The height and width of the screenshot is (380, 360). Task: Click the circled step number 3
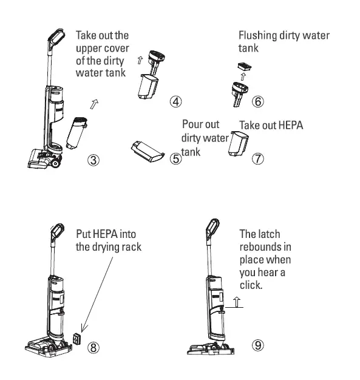point(93,160)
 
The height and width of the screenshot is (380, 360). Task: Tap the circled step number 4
point(175,101)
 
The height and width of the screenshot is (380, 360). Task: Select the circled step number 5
point(176,160)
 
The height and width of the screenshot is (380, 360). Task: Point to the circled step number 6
point(258,101)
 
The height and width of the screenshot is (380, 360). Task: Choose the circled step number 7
point(259,159)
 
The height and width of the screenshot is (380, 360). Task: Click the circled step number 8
point(93,347)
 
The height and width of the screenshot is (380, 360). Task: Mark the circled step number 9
point(259,345)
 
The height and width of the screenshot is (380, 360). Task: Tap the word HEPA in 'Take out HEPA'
point(290,125)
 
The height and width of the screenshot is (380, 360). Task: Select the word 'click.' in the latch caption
point(251,285)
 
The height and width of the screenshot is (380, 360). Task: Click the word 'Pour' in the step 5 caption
point(192,124)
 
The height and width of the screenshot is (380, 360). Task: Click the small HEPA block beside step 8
point(77,338)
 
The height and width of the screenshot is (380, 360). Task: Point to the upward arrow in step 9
point(237,301)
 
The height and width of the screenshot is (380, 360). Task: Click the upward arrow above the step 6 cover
point(244,77)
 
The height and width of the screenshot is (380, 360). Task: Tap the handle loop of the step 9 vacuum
point(213,227)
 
